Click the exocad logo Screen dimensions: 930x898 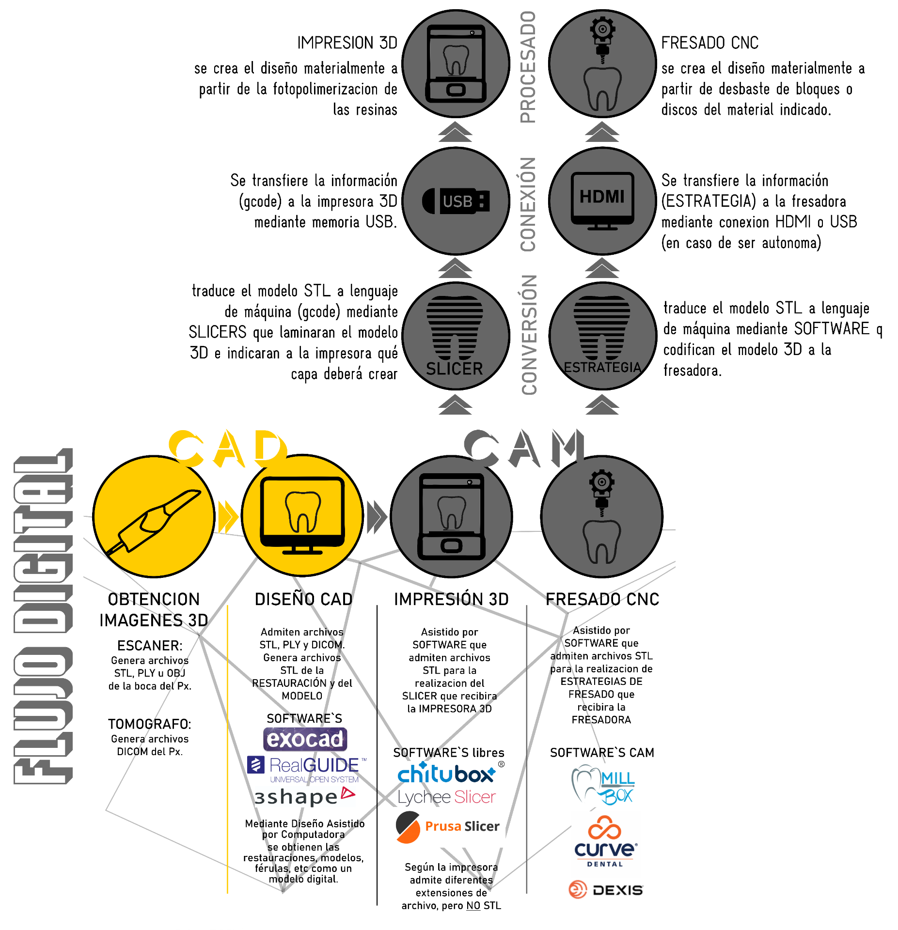pos(305,739)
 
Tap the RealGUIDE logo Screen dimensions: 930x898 pos(307,769)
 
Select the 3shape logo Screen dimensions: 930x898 pos(304,797)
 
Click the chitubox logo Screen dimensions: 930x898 pos(451,772)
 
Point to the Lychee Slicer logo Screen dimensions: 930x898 pos(447,797)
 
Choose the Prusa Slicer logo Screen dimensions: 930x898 pos(447,827)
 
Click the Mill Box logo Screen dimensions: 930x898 pos(603,785)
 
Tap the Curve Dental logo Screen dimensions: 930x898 pos(605,843)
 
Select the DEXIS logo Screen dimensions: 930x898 pos(606,890)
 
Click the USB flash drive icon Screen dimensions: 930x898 pos(456,201)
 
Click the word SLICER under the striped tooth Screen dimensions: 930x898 pos(455,369)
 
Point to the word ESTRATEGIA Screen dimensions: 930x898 pos(602,368)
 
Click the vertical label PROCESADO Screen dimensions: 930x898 pos(528,67)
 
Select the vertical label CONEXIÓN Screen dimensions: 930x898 pos(528,204)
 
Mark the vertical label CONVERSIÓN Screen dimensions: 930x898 pos(529,334)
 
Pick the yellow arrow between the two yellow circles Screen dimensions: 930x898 pos(228,517)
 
